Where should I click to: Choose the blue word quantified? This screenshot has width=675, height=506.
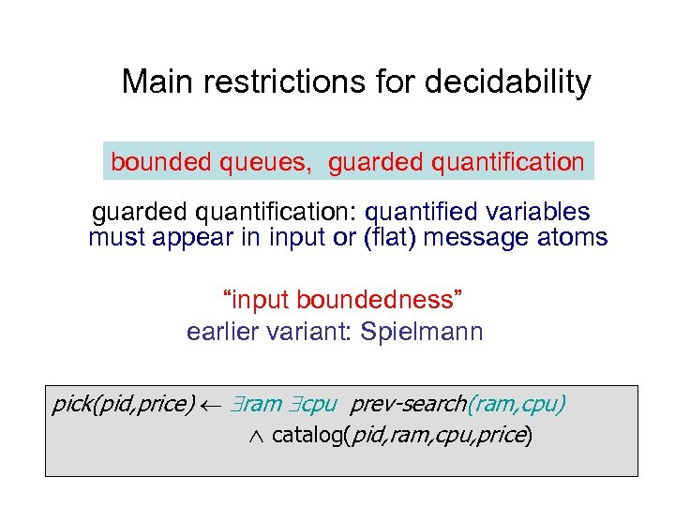tap(422, 212)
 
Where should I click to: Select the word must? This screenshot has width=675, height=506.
tap(115, 238)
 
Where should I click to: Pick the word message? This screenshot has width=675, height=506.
tap(480, 238)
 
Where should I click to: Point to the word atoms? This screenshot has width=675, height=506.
tap(574, 238)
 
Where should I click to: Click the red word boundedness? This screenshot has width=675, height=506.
tap(379, 301)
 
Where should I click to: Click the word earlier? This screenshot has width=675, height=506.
tap(224, 332)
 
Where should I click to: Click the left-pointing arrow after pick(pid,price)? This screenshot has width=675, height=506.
tap(208, 405)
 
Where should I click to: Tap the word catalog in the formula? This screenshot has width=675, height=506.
tap(306, 436)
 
